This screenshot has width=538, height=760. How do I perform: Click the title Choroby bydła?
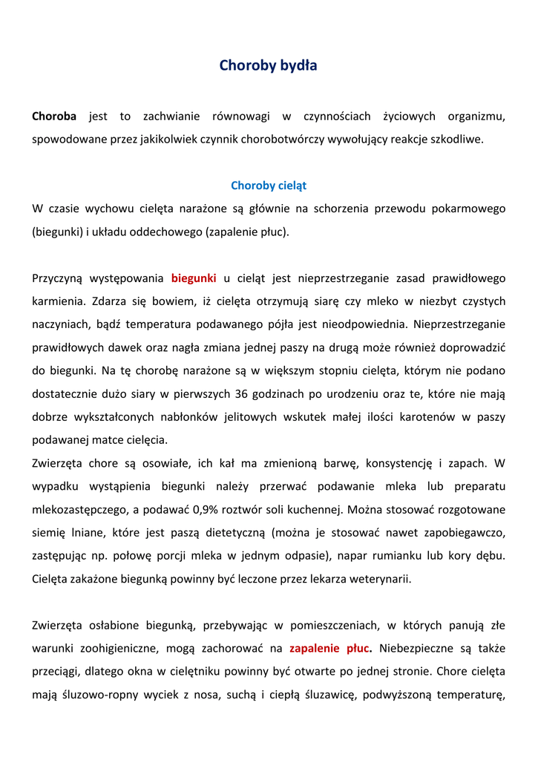268,66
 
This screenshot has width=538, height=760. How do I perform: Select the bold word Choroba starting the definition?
54,117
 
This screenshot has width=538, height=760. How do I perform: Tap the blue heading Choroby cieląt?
269,186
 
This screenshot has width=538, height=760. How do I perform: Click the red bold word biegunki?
194,278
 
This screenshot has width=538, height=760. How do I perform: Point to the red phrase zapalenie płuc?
330,648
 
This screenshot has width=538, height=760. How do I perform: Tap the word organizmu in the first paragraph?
476,117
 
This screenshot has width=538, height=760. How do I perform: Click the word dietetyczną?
229,532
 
